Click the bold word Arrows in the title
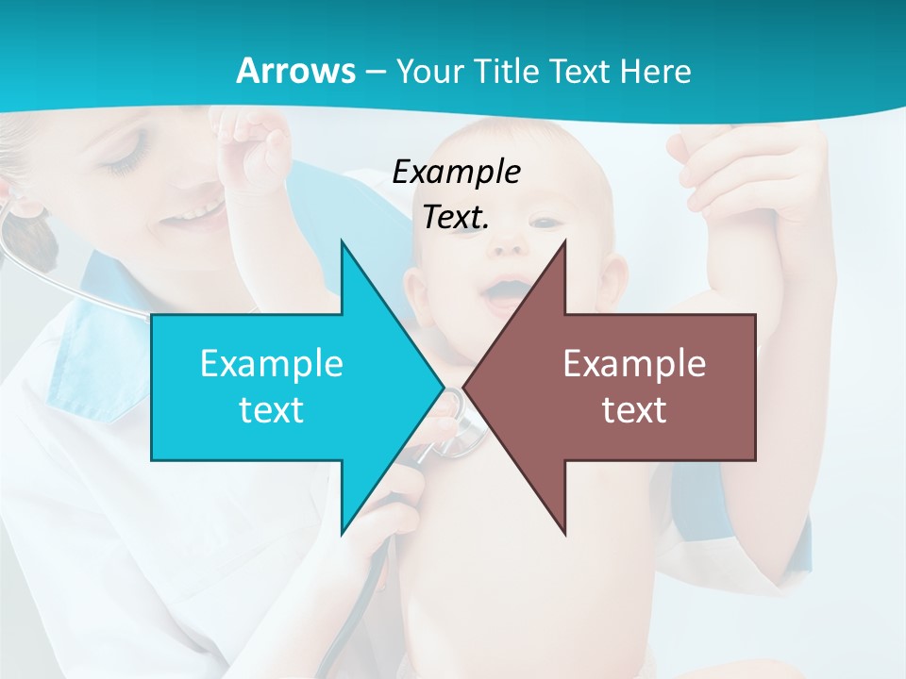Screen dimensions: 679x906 coord(295,71)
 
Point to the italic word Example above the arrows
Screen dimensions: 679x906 coord(457,173)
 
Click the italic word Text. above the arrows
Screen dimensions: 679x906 coord(457,218)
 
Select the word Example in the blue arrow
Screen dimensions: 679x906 coord(272,364)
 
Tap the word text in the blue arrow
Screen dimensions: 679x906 coord(272,410)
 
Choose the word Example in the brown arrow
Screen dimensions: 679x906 coord(634,364)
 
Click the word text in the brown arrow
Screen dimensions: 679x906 coord(634,410)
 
